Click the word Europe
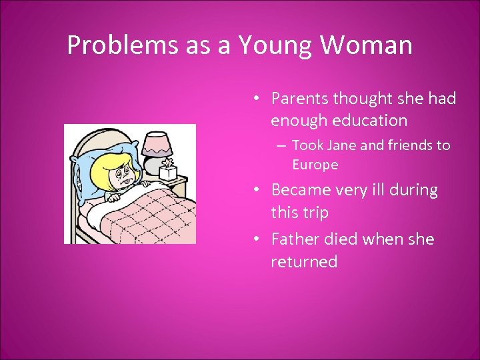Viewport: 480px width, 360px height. [x=315, y=165]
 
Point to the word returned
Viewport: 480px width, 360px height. [x=304, y=262]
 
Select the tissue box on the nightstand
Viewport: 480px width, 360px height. [x=167, y=171]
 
